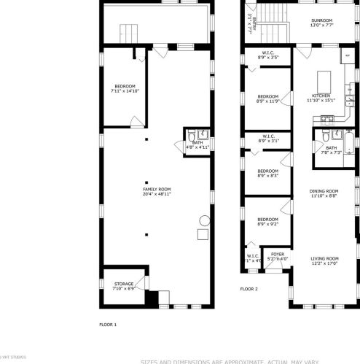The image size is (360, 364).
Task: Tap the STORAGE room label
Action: pyautogui.click(x=124, y=285)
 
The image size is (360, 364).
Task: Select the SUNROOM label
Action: pyautogui.click(x=322, y=22)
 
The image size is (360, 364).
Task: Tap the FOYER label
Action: pyautogui.click(x=278, y=256)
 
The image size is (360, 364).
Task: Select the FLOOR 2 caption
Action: pyautogui.click(x=249, y=290)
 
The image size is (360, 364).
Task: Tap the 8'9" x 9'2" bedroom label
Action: pyautogui.click(x=267, y=221)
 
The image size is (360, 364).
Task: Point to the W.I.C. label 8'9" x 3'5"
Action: pyautogui.click(x=267, y=55)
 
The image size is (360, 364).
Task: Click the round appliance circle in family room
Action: pyautogui.click(x=205, y=221)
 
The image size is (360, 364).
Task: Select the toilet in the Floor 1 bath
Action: pyautogui.click(x=191, y=136)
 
